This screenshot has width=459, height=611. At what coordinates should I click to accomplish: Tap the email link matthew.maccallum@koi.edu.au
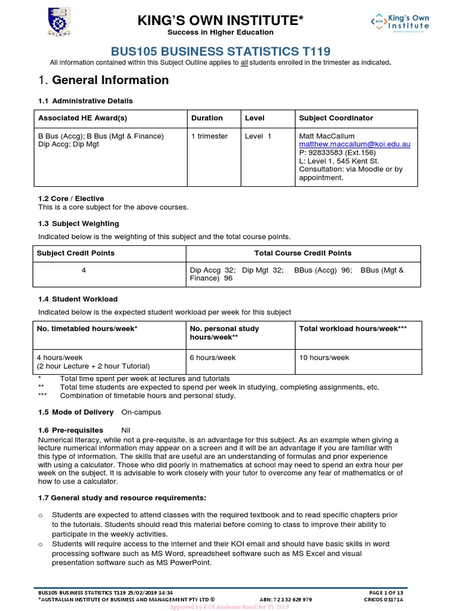[x=354, y=144]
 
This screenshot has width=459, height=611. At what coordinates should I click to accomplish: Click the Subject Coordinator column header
[x=335, y=118]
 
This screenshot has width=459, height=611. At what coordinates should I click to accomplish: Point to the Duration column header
[x=207, y=118]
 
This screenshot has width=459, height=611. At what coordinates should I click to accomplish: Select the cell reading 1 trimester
[x=209, y=136]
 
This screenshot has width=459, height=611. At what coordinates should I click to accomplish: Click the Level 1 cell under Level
[x=258, y=136]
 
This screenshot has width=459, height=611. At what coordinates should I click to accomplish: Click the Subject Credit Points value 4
[x=84, y=270]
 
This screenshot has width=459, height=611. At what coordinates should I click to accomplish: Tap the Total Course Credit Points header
[x=303, y=253]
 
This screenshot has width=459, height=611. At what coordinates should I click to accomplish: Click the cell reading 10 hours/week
[x=324, y=357]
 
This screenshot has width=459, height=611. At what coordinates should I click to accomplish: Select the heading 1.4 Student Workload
[x=78, y=299]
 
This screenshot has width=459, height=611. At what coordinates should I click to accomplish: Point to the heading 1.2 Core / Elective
[x=71, y=199]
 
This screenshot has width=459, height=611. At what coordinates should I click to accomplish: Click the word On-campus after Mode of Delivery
[x=141, y=412]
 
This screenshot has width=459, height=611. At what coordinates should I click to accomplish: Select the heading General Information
[x=110, y=80]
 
